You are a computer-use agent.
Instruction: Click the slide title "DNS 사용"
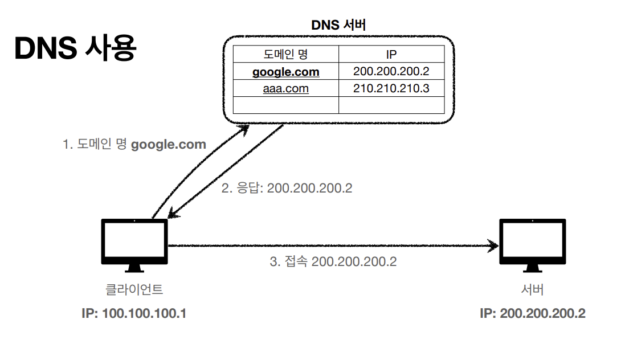click(x=75, y=49)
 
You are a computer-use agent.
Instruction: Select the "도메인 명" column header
click(x=285, y=54)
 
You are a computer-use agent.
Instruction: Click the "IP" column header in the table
click(x=391, y=54)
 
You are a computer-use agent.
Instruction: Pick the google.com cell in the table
click(x=285, y=72)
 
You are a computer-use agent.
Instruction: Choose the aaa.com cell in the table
click(x=285, y=88)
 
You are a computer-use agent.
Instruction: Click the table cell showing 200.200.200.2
click(x=391, y=72)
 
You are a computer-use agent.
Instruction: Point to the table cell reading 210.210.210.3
click(x=391, y=88)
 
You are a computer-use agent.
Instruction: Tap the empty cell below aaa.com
click(x=285, y=105)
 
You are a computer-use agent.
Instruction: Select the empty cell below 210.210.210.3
click(x=391, y=105)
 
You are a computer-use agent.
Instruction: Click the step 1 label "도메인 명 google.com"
click(x=134, y=145)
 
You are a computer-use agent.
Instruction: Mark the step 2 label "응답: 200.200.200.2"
click(x=287, y=188)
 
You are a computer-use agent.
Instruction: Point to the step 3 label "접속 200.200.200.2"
click(x=333, y=262)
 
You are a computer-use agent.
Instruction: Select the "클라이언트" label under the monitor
click(x=135, y=289)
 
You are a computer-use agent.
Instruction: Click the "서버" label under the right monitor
click(x=533, y=289)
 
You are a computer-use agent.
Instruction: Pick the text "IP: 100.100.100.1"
click(x=135, y=314)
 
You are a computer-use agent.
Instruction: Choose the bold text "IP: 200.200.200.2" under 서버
click(x=533, y=314)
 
